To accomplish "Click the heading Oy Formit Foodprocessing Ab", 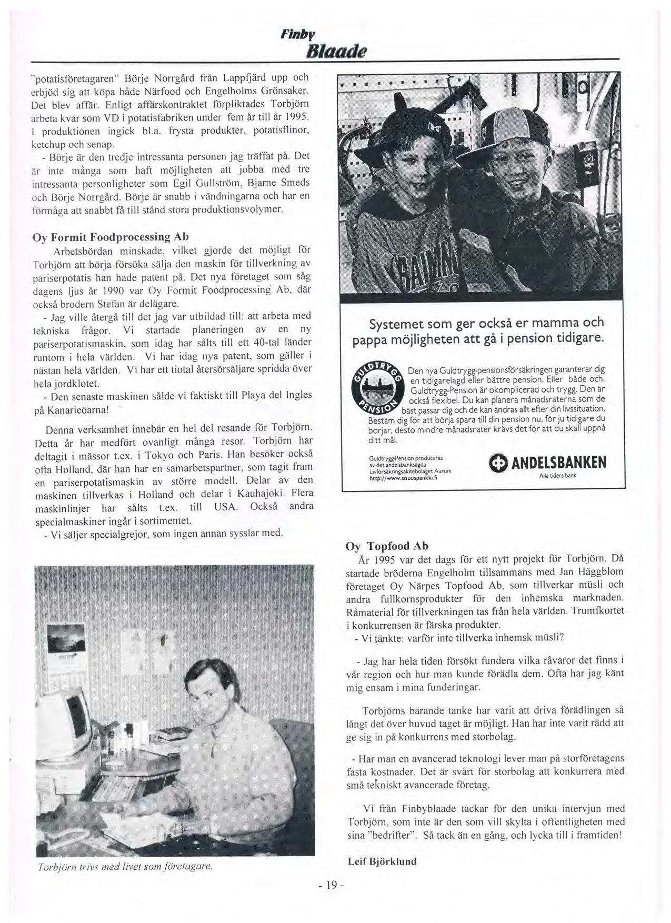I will (111, 236).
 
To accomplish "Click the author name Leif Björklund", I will (382, 861).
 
